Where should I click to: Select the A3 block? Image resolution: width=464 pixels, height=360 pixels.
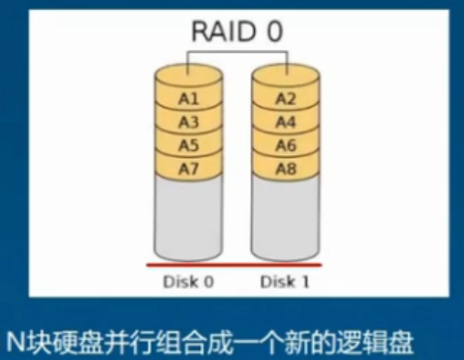189,122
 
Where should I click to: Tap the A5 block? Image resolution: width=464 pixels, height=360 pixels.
189,144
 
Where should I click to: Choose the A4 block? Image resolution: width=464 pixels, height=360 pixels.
286,122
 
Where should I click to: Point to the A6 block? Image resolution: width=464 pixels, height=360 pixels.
286,144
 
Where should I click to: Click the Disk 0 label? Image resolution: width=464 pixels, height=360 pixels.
188,281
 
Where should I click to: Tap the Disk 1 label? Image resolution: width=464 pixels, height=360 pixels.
285,281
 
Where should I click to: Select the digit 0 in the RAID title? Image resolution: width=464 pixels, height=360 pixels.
273,32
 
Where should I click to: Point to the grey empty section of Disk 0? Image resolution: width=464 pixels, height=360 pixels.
189,219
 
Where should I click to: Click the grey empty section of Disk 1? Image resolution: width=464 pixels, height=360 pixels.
286,219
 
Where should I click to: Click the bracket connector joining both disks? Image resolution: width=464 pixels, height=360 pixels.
237,55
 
